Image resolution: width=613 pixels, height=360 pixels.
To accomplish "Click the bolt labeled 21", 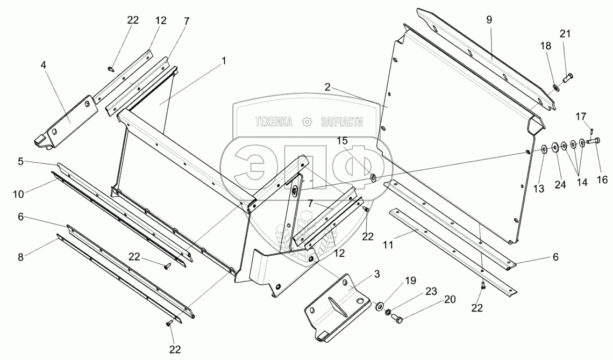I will coord(568,78).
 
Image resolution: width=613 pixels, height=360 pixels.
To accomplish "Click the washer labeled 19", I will coord(380,306).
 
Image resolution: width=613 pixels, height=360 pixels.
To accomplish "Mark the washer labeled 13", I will coord(544,148).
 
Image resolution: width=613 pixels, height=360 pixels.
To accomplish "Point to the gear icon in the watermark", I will coord(307,123).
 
